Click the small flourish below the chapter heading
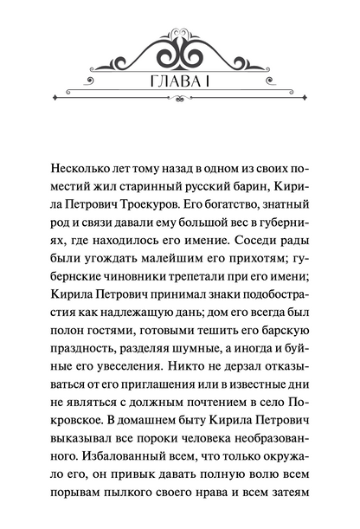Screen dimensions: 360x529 tap(180, 119)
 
